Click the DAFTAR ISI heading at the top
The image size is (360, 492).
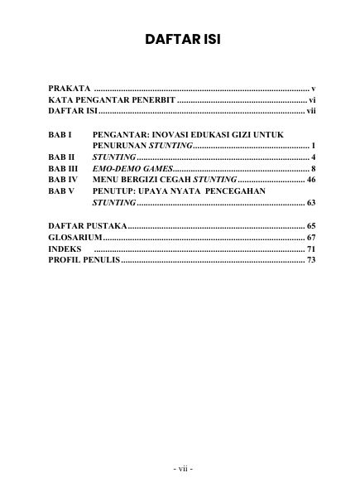click(x=180, y=39)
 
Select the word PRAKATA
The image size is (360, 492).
click(x=69, y=87)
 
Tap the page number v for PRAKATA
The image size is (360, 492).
click(x=314, y=87)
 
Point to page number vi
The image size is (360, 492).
click(x=312, y=99)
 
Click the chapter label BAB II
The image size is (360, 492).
click(x=62, y=157)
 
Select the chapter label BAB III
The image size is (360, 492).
click(x=63, y=168)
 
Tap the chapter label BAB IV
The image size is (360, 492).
click(x=63, y=179)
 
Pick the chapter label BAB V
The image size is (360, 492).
click(x=61, y=191)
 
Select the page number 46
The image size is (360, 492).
click(x=310, y=179)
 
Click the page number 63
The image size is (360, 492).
click(x=310, y=202)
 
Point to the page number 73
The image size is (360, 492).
click(x=310, y=260)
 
